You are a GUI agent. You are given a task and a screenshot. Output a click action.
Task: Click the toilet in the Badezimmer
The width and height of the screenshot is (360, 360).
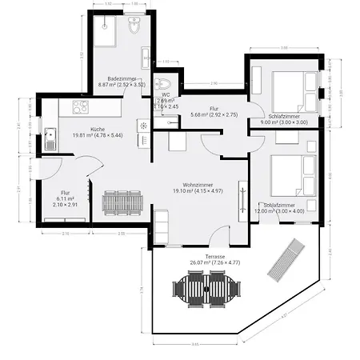(x=134, y=30)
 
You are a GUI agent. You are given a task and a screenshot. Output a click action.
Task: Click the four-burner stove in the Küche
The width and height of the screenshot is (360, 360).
(x=80, y=107)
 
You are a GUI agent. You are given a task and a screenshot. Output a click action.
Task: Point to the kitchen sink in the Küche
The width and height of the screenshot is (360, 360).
(x=50, y=139)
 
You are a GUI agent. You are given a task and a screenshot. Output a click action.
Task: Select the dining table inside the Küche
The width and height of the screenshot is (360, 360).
(x=122, y=202)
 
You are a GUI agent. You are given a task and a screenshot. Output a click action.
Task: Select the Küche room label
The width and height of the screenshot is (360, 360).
(x=97, y=129)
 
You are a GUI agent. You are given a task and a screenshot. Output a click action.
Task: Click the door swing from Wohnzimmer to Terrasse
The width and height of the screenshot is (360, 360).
(x=220, y=234)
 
